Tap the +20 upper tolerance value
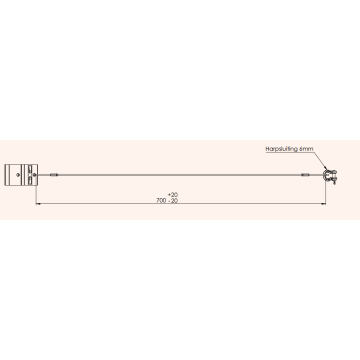click(x=175, y=195)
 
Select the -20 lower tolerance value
click(x=176, y=201)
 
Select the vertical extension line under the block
click(x=36, y=193)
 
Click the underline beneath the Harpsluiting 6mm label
click(x=291, y=151)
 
